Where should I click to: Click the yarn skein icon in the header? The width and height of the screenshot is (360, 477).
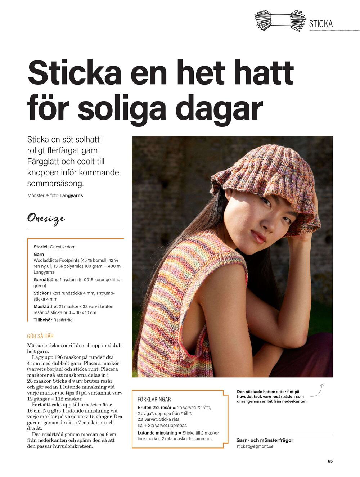point(280,20)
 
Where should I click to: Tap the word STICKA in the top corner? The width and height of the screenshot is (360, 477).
point(321,24)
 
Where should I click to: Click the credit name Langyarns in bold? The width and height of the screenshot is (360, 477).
point(71,196)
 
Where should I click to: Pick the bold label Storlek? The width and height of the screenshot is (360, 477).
point(41,247)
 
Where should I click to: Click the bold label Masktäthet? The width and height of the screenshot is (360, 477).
point(45,307)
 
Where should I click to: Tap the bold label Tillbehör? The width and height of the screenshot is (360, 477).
point(43,320)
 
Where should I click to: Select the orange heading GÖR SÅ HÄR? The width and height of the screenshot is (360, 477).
point(40,336)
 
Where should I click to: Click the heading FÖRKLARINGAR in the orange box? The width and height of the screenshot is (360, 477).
point(154,400)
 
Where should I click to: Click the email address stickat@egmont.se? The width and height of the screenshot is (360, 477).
point(255,446)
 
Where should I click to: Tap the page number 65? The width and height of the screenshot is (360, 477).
point(330,461)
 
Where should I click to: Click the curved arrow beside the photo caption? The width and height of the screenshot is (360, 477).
point(317,390)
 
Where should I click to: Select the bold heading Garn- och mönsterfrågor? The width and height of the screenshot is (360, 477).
point(265,440)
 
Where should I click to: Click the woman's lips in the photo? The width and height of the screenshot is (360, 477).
point(258,236)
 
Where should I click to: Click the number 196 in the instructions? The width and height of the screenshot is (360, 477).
point(59,357)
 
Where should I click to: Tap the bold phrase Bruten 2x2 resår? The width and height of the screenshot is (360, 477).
point(154,408)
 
